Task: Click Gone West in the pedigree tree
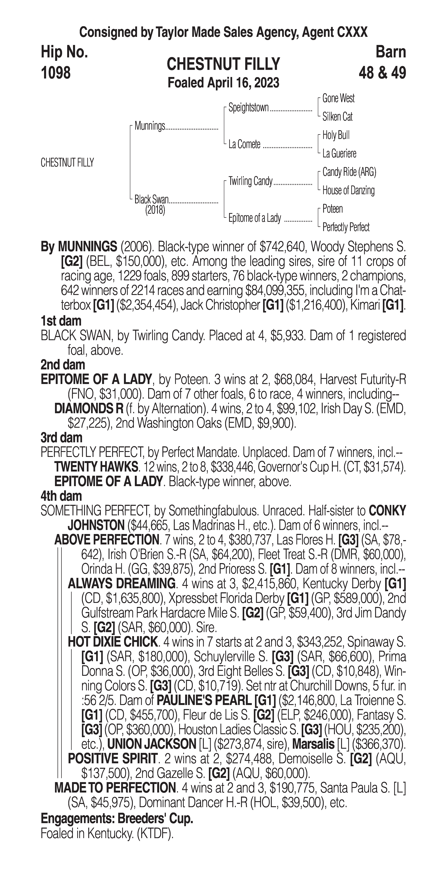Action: tap(338, 98)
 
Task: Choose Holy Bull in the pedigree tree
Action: tap(336, 135)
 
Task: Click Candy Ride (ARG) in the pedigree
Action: tap(349, 172)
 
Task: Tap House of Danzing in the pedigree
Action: tap(348, 190)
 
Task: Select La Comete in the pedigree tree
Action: tap(244, 144)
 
